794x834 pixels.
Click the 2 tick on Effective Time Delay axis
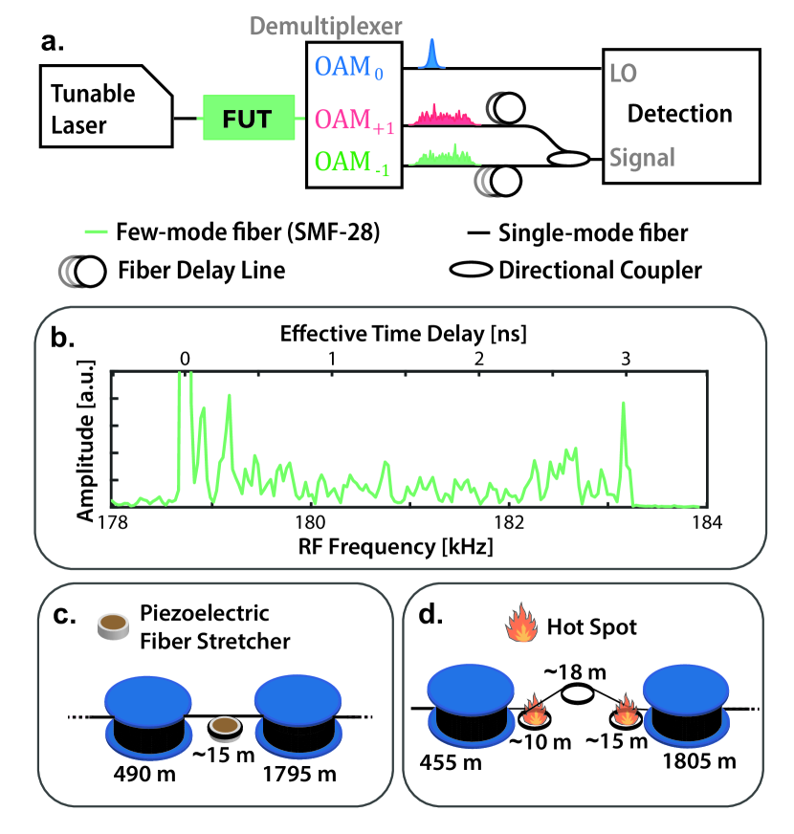pyautogui.click(x=478, y=357)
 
